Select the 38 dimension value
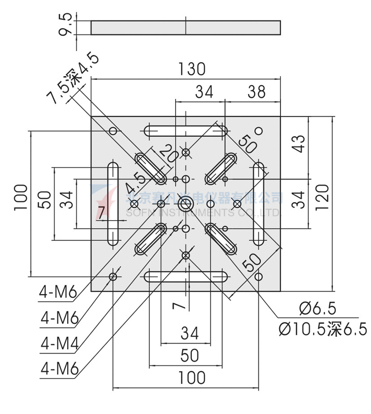(x=256, y=92)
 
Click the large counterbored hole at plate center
(x=186, y=203)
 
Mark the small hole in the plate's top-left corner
(x=113, y=131)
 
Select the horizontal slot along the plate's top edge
(x=185, y=131)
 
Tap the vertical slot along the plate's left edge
(x=113, y=203)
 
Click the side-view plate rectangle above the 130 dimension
(x=185, y=28)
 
